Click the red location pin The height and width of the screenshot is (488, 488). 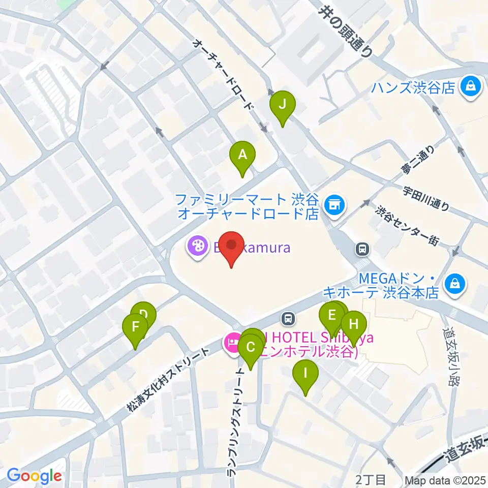pos(232,246)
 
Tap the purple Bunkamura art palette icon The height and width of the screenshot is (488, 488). pos(195,248)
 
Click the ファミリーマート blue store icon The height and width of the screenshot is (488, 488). pos(334,204)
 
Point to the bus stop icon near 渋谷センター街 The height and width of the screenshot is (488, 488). pos(362,249)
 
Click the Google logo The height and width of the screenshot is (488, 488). pos(34,476)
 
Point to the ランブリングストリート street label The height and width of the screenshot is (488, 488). pos(237,422)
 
